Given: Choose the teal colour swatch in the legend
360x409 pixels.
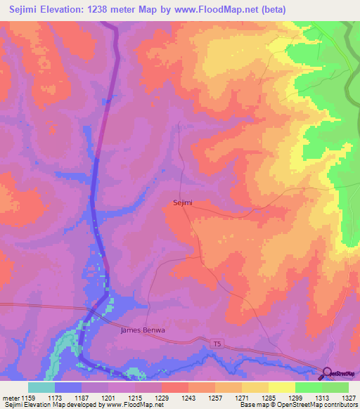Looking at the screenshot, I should [41, 387].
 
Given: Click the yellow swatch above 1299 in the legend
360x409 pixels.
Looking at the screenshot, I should [282, 387].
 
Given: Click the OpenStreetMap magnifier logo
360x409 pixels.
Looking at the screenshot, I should [327, 374].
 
